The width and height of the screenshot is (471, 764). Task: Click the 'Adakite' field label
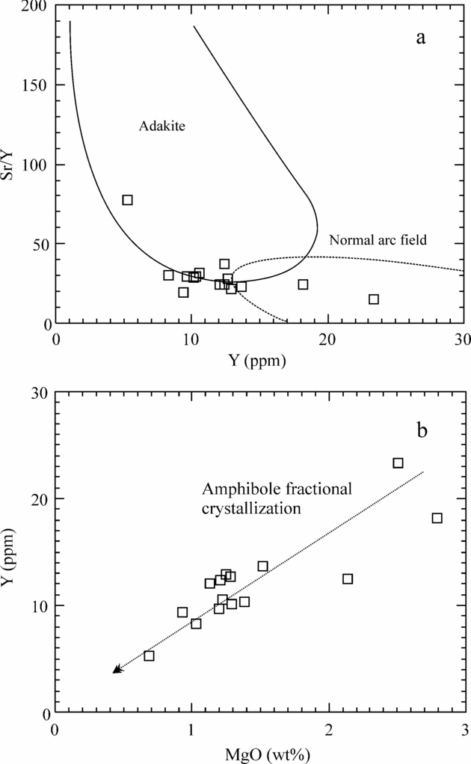[161, 126]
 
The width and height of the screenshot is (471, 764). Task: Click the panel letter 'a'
[421, 38]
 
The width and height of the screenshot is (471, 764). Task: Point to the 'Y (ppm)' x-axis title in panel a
[259, 360]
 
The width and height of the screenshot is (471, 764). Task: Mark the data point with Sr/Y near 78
[128, 200]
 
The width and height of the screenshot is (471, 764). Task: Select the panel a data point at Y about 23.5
[374, 299]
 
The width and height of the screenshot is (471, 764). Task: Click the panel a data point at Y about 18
[303, 284]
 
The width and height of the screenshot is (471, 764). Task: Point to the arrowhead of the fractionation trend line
[117, 670]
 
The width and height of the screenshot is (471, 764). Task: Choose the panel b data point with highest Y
[398, 463]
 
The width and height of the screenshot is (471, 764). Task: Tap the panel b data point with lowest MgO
[149, 655]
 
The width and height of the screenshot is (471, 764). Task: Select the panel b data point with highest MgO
[437, 518]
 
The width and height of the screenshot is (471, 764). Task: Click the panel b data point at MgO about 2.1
[348, 578]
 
